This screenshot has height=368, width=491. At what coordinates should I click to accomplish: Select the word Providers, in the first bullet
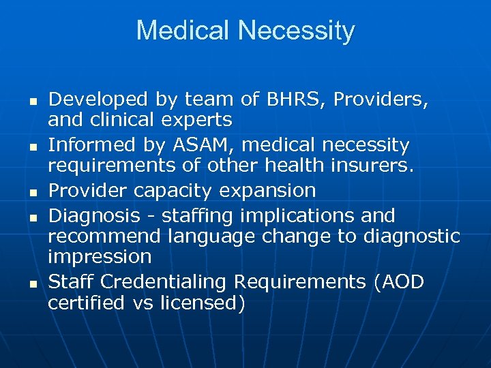[381, 99]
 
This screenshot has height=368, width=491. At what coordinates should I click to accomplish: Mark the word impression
[99, 257]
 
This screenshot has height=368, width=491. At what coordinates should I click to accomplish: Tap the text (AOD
[398, 281]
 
